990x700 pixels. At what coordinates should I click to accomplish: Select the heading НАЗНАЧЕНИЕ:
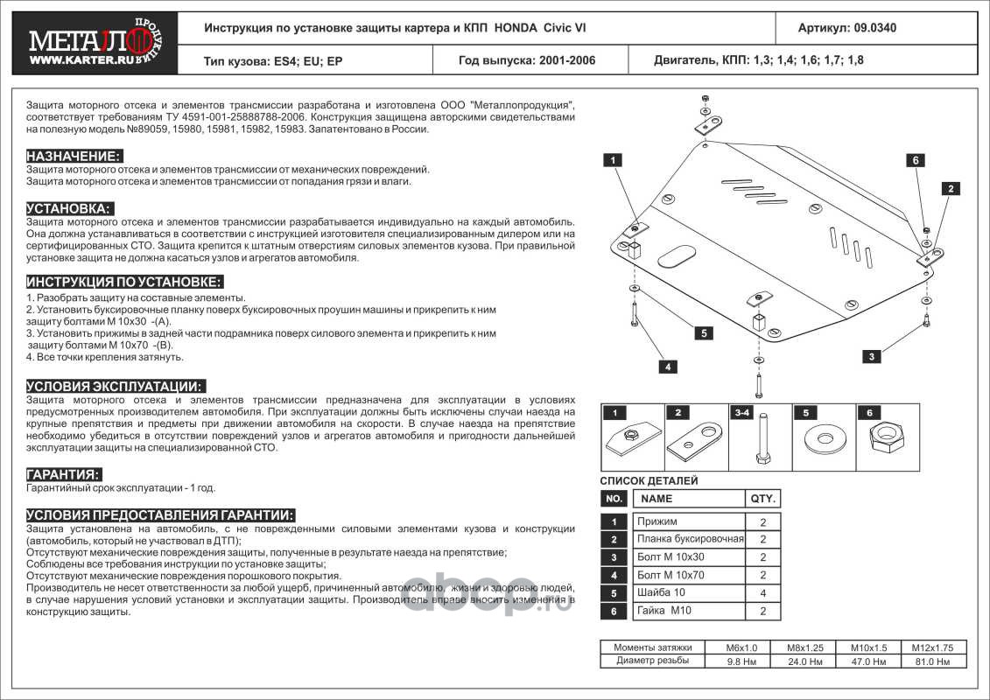pos(74,156)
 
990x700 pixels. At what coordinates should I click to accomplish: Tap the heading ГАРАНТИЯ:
pos(63,473)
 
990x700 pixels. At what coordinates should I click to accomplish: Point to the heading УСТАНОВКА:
pos(70,208)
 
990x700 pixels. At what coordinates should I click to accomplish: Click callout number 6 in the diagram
pos(915,160)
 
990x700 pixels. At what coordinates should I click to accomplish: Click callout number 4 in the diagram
pos(667,367)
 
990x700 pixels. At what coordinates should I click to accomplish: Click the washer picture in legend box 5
pos(824,437)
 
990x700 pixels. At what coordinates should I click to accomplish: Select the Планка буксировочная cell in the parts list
pos(691,539)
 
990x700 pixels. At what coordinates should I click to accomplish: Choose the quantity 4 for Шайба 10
pos(762,593)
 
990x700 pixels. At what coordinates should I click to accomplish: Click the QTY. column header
pos(762,499)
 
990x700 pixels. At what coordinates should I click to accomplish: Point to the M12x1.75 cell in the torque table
pos(931,647)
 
